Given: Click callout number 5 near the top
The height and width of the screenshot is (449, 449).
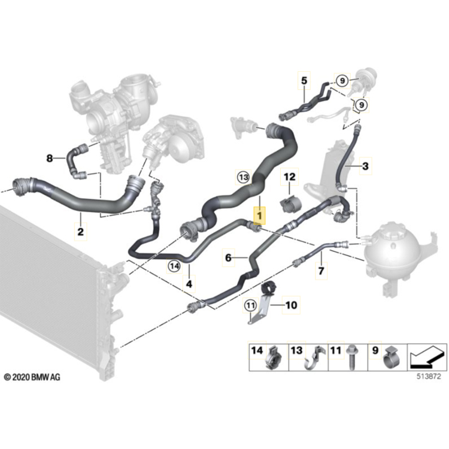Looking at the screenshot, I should (304, 80).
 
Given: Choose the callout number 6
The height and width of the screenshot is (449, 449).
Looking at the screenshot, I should (228, 258).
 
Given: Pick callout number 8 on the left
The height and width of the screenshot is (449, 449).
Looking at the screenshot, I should (50, 159).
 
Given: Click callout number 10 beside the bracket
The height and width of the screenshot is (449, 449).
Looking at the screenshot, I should (291, 305).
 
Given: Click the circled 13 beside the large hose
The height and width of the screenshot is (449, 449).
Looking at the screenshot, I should (242, 177).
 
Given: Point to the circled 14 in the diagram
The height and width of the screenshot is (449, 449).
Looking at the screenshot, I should (174, 265).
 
